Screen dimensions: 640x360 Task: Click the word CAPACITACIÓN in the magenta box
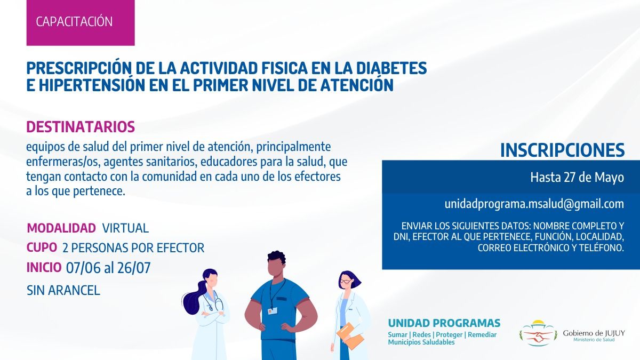(x=74, y=22)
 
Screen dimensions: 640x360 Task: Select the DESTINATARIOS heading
(x=81, y=127)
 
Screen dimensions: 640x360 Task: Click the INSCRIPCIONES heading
(x=563, y=150)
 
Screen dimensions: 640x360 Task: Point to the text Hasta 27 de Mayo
(x=577, y=178)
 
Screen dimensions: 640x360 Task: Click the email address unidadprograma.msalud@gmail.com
(x=534, y=204)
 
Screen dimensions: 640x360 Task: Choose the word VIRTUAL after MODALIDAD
(x=125, y=228)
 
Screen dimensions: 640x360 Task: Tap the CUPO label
(x=42, y=247)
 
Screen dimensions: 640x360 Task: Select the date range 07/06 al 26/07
(x=108, y=268)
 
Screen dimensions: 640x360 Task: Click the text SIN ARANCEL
(x=63, y=291)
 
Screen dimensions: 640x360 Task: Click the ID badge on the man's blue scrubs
(x=272, y=311)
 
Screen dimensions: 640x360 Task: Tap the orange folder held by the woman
(x=350, y=337)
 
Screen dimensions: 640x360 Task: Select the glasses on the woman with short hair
(x=346, y=282)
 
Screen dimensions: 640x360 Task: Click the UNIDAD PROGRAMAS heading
(x=444, y=323)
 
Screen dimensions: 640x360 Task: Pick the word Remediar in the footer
(x=482, y=335)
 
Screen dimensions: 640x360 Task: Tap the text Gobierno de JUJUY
(x=594, y=333)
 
